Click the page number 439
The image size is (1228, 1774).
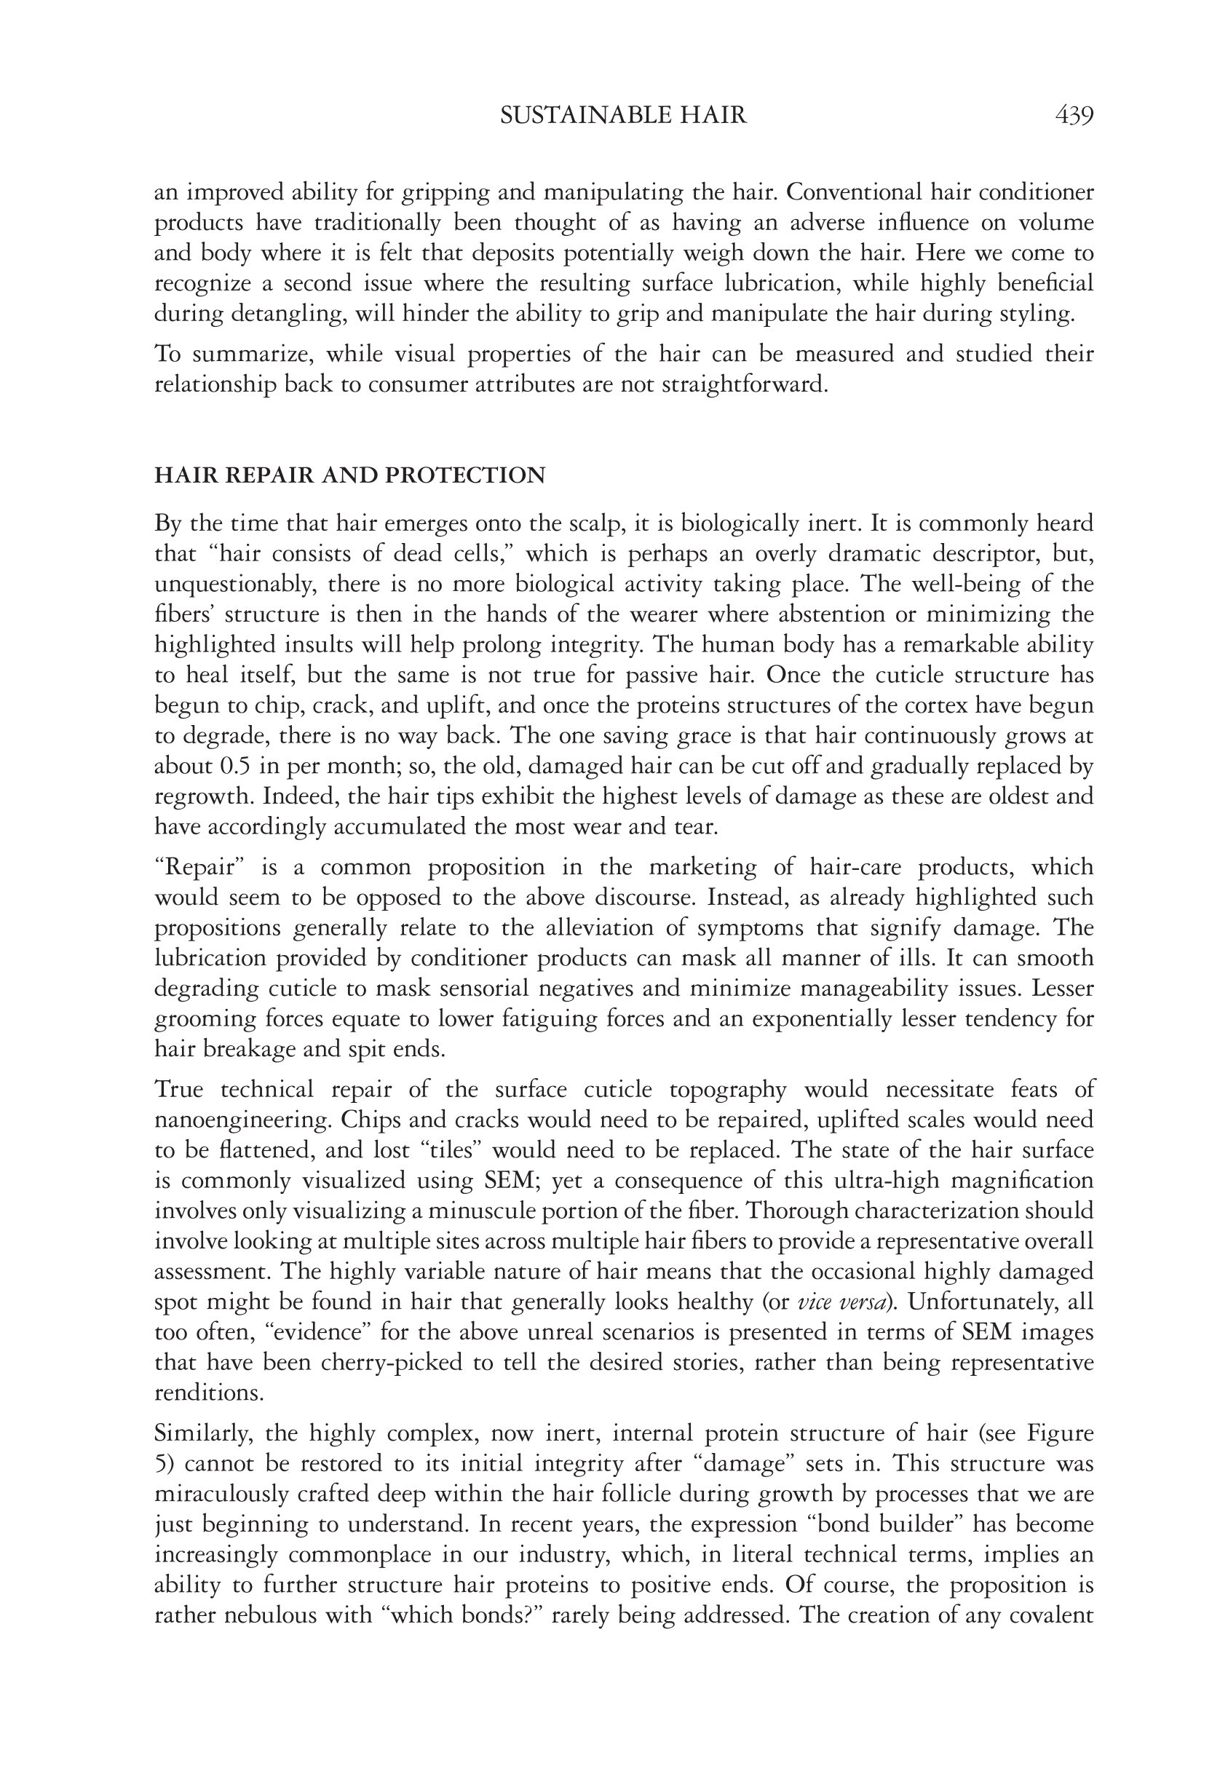[x=1074, y=116]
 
